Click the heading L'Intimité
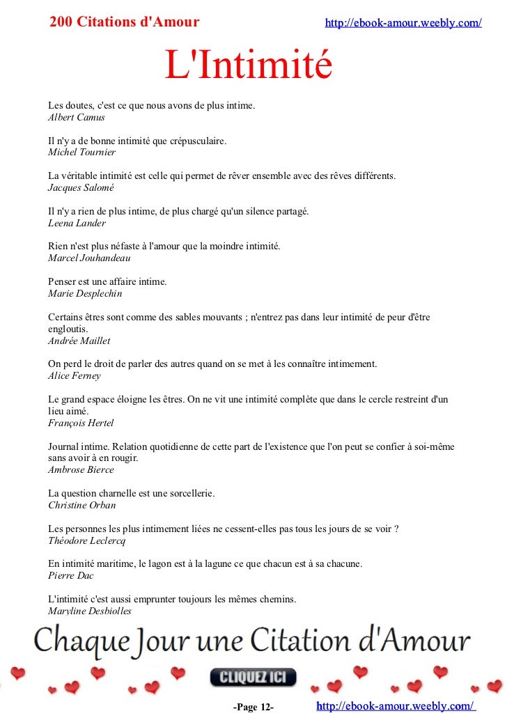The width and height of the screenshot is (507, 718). coord(248,65)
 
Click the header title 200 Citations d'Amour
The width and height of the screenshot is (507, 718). coord(125,22)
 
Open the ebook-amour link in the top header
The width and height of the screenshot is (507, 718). coord(403,23)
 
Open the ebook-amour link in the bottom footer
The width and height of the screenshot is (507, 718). coord(396,706)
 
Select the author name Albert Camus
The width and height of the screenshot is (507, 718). coord(76,117)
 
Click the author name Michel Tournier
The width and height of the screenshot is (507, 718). coord(81,152)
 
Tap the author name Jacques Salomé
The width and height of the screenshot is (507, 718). coord(80,187)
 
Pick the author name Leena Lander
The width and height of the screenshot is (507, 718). coord(77,223)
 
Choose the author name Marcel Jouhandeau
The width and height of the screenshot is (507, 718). coord(89,258)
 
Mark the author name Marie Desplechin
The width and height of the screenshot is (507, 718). coord(85,293)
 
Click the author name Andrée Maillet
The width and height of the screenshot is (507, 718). coord(79,341)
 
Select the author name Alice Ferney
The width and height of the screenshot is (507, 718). coord(74,375)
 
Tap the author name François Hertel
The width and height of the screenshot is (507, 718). coord(81,423)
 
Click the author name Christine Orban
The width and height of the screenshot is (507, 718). coord(81,505)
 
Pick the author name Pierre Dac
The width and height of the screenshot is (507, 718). coord(70,575)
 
